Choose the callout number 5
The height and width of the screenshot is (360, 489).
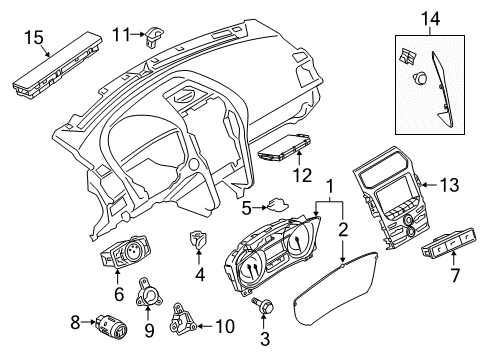pyautogui.click(x=243, y=207)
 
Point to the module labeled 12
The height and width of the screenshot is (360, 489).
pyautogui.click(x=283, y=154)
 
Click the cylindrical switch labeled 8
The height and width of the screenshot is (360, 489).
pyautogui.click(x=109, y=323)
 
